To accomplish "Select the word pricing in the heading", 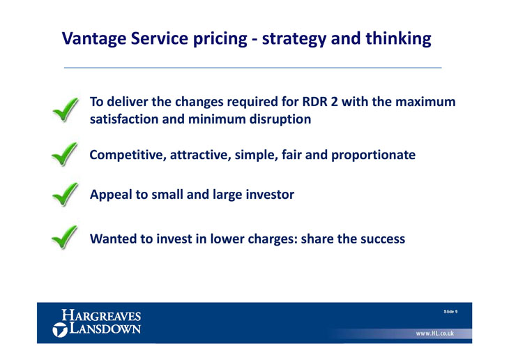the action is pos(220,39).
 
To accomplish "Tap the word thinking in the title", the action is pos(398,39).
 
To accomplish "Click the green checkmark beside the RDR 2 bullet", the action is pos(66,110).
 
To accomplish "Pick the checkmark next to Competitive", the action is pos(65,154).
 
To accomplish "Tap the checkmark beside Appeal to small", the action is pos(66,194).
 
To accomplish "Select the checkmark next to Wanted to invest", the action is pos(65,237).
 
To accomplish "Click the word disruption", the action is pos(280,119).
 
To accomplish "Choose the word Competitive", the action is pos(128,155).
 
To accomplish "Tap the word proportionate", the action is pos(373,155).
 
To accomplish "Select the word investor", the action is pos(270,194).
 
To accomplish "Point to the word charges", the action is pos(273,239).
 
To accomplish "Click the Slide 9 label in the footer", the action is pos(450,312).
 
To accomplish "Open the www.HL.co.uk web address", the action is pos(435,333).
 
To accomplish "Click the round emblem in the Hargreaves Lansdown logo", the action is pos(60,330).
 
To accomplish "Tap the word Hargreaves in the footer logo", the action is pos(101,315).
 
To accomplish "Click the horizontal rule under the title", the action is pos(253,68).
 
